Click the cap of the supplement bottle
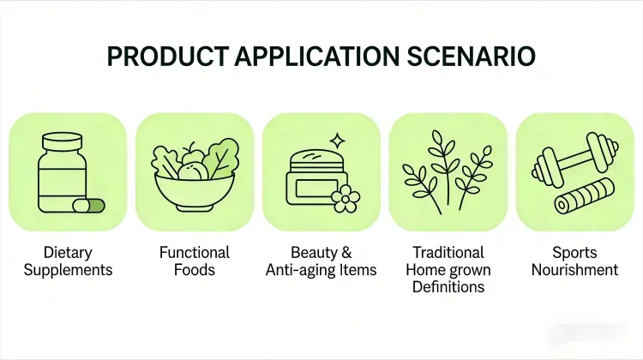coord(63,141)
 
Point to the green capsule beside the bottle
coord(88,206)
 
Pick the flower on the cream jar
coord(347,199)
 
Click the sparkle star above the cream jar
coord(338,139)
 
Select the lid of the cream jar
coord(317,160)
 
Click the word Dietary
coord(68,253)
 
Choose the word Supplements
coord(68,270)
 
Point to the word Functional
coord(195,253)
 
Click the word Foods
coord(195,270)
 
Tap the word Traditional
coord(448,253)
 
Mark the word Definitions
coord(448,287)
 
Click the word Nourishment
coord(574,270)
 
